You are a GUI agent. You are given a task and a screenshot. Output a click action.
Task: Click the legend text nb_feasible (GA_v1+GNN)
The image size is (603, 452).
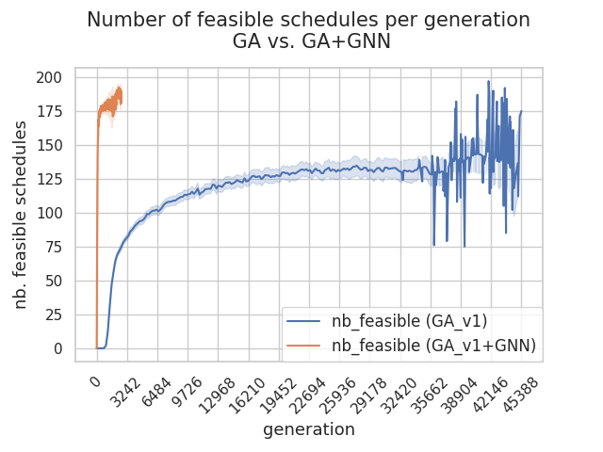(434, 346)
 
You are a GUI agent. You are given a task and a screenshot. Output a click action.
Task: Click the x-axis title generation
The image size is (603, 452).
(309, 429)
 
